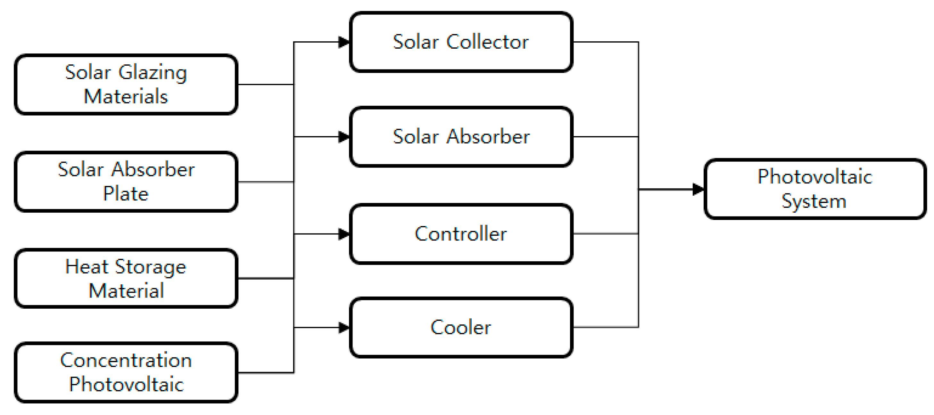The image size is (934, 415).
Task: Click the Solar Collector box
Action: [461, 42]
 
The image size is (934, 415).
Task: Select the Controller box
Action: [461, 234]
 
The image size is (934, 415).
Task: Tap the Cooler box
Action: [461, 327]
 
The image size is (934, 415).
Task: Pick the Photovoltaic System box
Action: [814, 189]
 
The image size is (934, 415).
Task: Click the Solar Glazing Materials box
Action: [126, 85]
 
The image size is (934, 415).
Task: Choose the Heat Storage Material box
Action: [126, 278]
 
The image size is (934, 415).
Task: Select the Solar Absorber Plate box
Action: [126, 182]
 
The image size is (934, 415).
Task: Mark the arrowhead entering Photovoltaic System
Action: [698, 189]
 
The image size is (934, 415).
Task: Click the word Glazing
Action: [153, 72]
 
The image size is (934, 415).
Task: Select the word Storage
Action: [151, 267]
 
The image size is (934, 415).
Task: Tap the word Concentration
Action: [126, 360]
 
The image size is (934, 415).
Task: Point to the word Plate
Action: [126, 193]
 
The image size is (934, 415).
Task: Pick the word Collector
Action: [487, 42]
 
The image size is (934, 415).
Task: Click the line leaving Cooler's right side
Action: [606, 327]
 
